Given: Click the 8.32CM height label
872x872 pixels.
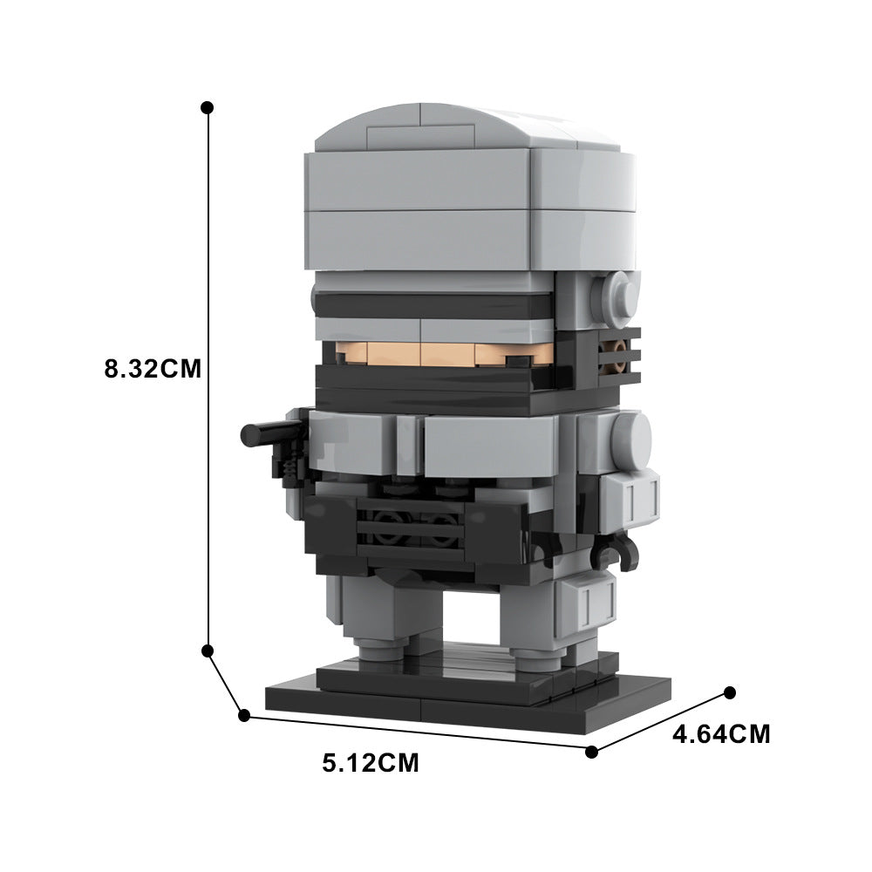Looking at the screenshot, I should point(153,368).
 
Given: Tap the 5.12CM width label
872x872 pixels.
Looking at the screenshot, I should point(371,764).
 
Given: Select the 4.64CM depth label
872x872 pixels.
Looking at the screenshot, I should point(721,734).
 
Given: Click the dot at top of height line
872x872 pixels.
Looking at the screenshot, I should point(207,107).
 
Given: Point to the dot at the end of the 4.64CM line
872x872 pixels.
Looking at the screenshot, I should point(730,692).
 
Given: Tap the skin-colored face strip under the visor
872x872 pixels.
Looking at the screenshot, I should point(436,353).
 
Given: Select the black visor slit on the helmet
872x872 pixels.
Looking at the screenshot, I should point(432,305).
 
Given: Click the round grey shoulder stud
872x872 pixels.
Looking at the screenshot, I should point(630,436).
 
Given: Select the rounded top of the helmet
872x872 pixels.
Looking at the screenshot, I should point(462,131).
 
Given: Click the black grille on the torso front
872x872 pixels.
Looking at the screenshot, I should point(410,528).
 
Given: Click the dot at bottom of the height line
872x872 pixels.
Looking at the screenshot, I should point(208,651).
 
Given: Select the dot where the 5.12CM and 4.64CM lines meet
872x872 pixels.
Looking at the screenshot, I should point(592,751).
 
